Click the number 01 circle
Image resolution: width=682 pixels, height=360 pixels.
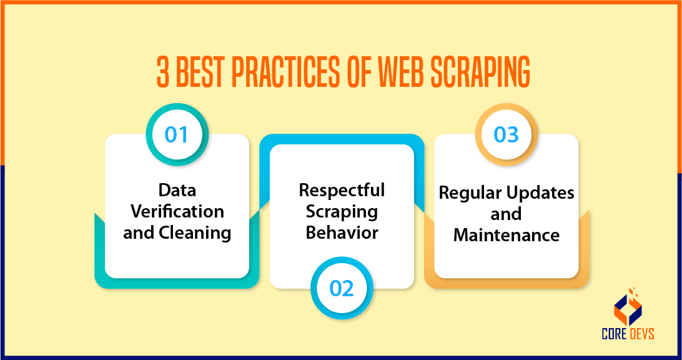(x=177, y=134)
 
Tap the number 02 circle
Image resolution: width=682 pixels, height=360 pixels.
(x=342, y=288)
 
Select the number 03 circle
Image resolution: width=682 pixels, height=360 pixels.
(x=506, y=134)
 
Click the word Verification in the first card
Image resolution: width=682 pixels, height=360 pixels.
(x=177, y=211)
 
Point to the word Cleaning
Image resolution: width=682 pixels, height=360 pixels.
(x=195, y=232)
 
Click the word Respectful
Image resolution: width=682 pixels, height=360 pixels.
(x=342, y=189)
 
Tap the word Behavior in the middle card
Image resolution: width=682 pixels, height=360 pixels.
(x=342, y=232)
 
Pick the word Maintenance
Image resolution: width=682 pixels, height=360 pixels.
(x=506, y=235)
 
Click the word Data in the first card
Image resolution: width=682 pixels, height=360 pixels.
(x=177, y=189)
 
